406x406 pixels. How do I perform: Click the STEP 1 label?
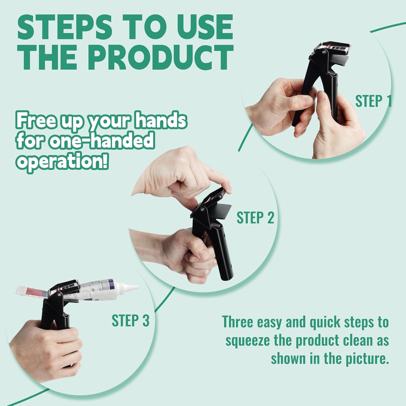point(374,101)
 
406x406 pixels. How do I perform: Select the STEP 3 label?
point(130,320)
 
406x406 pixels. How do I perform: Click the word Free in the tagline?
point(37,120)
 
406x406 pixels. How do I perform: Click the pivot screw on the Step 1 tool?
point(323,53)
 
